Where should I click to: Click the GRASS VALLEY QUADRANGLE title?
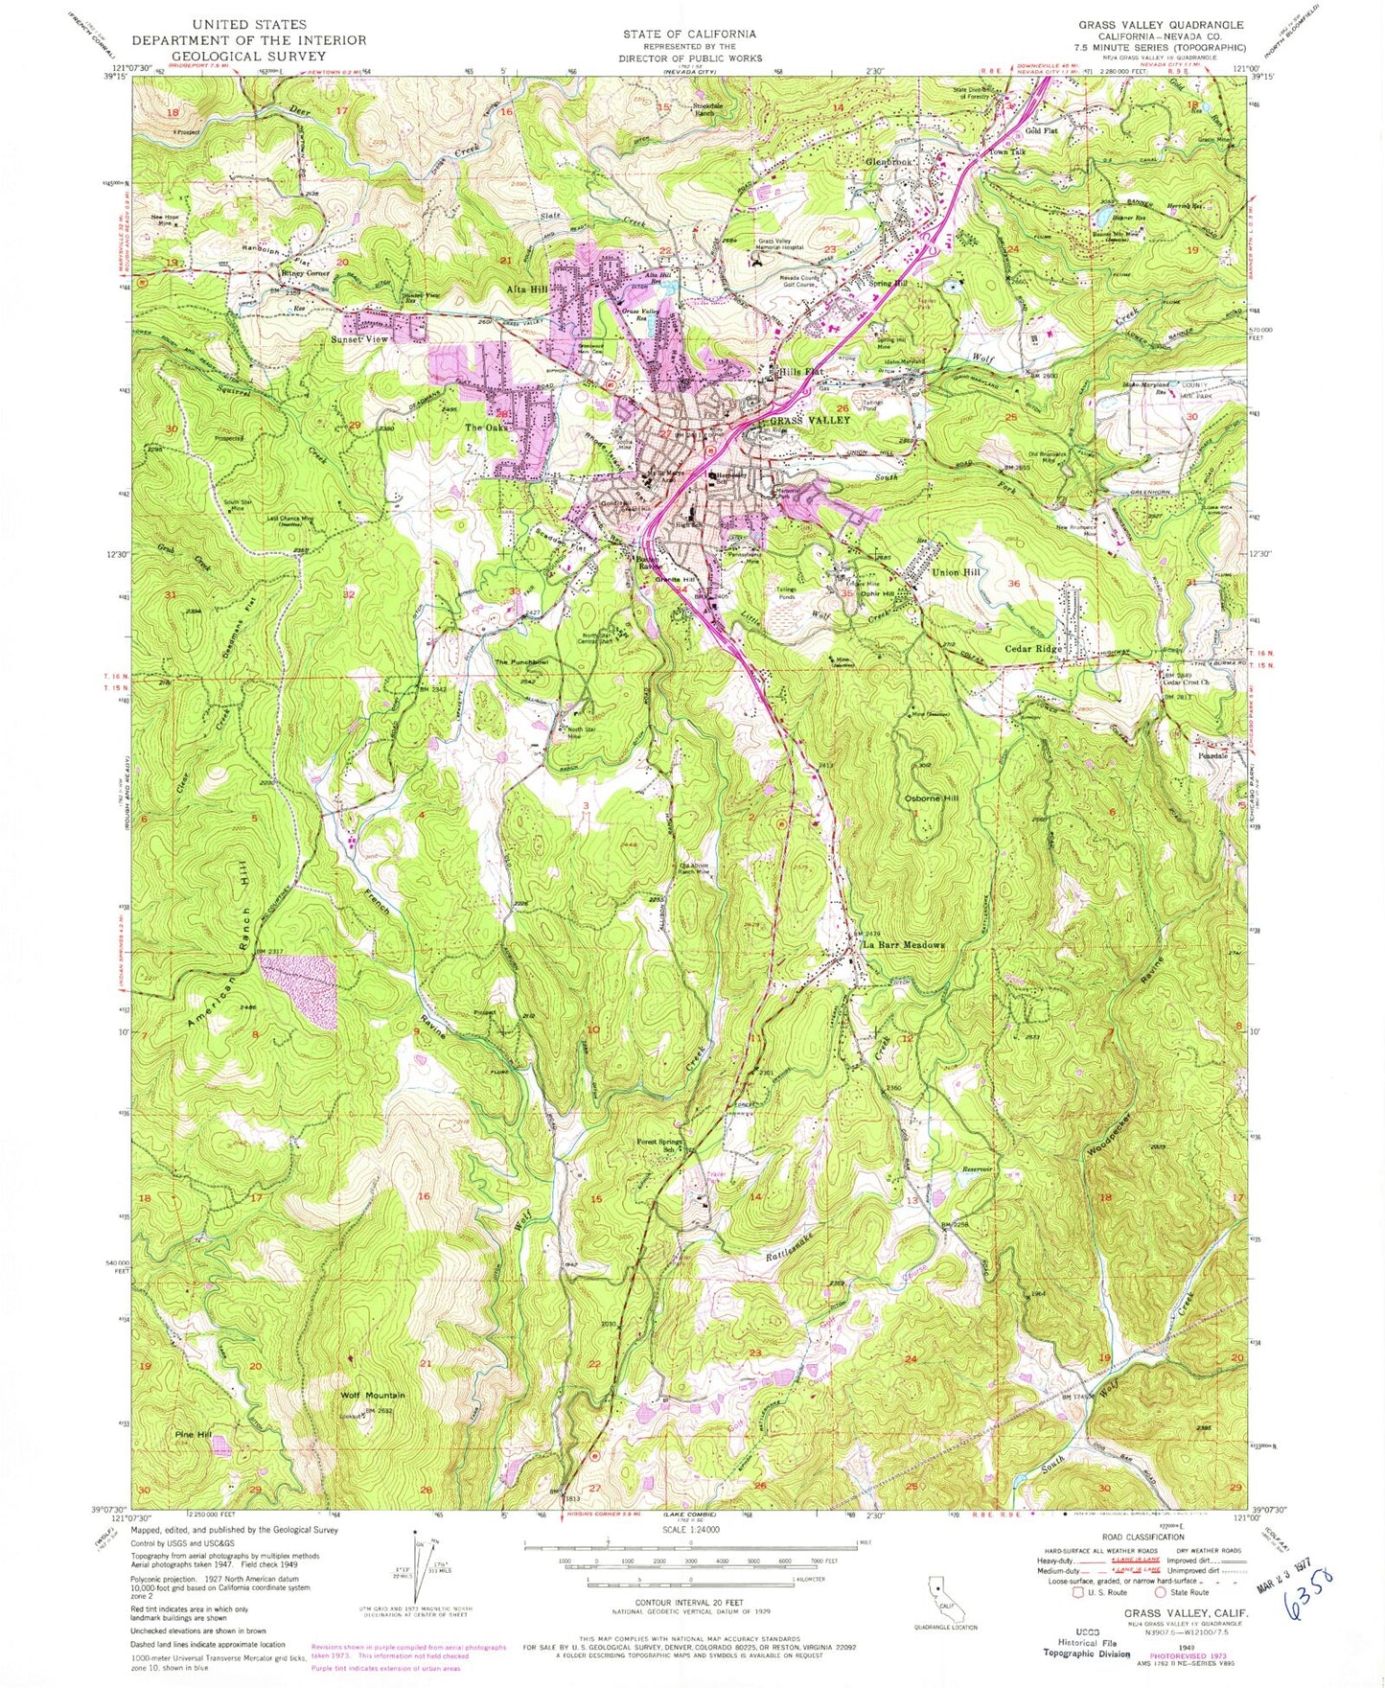click(x=1161, y=25)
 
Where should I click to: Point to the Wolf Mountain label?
click(x=373, y=1396)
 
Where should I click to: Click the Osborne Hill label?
click(x=931, y=798)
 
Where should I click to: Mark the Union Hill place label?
click(x=957, y=572)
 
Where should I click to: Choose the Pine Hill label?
click(x=193, y=1435)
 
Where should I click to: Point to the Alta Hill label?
click(x=528, y=289)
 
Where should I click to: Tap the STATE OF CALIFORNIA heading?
click(x=688, y=35)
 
